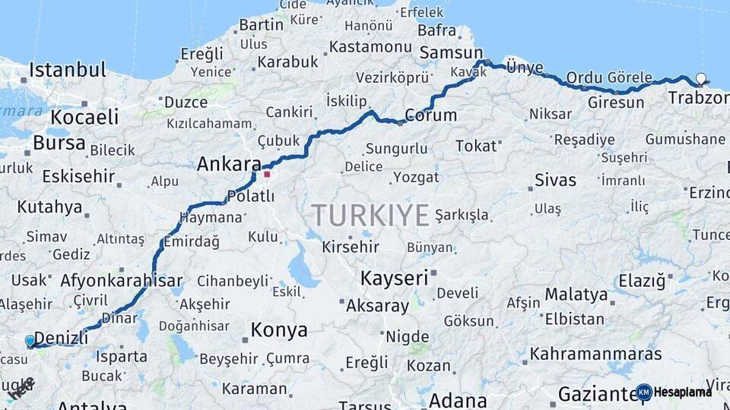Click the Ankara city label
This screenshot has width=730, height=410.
228,163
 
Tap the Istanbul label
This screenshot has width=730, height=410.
67,71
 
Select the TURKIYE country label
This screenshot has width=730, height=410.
370,215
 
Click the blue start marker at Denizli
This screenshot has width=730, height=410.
30,341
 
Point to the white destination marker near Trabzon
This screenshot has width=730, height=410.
701,77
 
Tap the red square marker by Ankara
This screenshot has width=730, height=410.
267,174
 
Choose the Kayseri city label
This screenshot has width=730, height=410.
394,278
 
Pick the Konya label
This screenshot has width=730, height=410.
279,330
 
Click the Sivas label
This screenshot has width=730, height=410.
555,181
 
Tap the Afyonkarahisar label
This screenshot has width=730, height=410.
122,279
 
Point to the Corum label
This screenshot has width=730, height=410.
430,116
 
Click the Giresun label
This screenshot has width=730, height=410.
616,102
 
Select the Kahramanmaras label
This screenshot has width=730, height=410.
595,354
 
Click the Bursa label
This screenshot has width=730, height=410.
59,143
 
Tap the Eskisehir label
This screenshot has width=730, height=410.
78,176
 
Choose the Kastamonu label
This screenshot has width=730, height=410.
371,47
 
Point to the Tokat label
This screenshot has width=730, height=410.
475,146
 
